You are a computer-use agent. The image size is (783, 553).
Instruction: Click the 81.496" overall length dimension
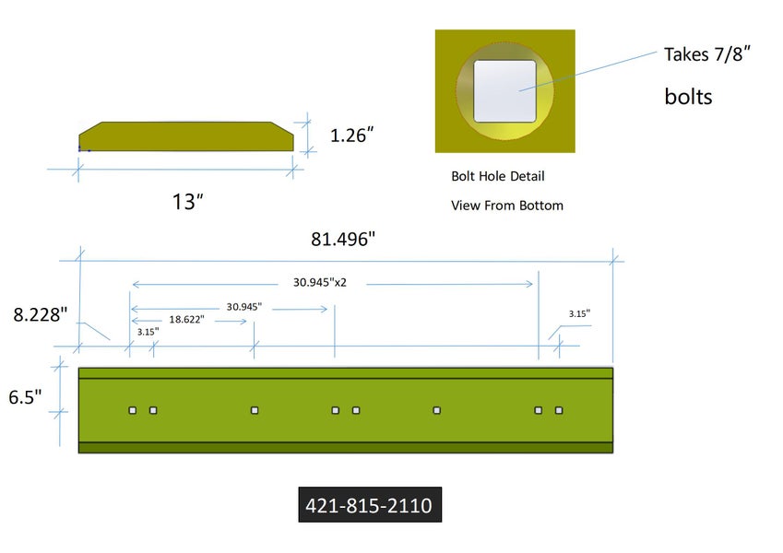coord(342,239)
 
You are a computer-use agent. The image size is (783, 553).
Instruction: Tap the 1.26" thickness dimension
coord(351,135)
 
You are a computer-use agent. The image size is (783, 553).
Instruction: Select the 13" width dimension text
coord(188,202)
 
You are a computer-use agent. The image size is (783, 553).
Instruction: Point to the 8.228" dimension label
coord(40,314)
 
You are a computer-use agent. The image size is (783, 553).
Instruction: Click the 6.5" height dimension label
coord(25,397)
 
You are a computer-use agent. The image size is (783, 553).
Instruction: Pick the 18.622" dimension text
coord(186,320)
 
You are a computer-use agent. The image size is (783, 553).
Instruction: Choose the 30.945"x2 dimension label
coord(320,282)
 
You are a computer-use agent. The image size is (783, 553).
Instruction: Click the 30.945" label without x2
coord(244,306)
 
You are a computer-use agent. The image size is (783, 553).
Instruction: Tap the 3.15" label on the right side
coord(579,313)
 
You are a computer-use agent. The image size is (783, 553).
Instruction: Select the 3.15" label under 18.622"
coord(148,332)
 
